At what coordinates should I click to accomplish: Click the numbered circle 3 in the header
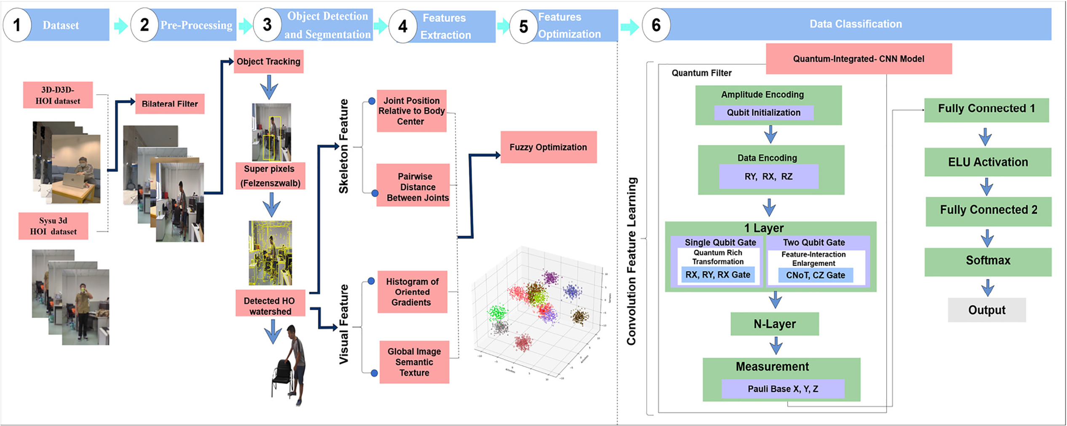pyautogui.click(x=267, y=25)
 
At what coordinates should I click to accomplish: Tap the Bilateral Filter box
pyautogui.click(x=170, y=104)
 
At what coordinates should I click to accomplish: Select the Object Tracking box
pyautogui.click(x=268, y=62)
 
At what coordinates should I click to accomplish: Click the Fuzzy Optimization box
pyautogui.click(x=548, y=147)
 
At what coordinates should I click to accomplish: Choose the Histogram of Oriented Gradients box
pyautogui.click(x=412, y=292)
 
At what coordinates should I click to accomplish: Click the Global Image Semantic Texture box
pyautogui.click(x=414, y=362)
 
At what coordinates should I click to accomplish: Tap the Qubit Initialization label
pyautogui.click(x=763, y=113)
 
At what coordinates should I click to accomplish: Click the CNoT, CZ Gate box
pyautogui.click(x=815, y=275)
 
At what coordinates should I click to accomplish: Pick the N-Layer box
pyautogui.click(x=774, y=324)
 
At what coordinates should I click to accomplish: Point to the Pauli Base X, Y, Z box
pyautogui.click(x=783, y=389)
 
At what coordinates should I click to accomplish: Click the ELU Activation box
pyautogui.click(x=987, y=162)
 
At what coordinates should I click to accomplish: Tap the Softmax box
pyautogui.click(x=987, y=260)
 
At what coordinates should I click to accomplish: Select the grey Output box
pyautogui.click(x=987, y=310)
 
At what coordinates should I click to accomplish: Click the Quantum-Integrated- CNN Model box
pyautogui.click(x=858, y=59)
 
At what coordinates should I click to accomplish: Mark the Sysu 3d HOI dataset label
pyautogui.click(x=53, y=226)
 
